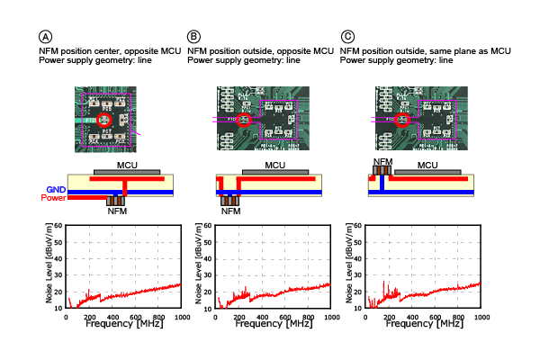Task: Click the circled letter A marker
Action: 45,37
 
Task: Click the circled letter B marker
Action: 193,37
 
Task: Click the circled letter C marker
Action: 348,37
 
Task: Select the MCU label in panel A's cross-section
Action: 126,165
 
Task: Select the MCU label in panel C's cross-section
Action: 428,165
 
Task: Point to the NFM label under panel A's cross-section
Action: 118,212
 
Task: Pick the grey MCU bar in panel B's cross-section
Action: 275,172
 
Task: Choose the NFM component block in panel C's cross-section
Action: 383,169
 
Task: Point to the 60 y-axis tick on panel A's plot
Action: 59,226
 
